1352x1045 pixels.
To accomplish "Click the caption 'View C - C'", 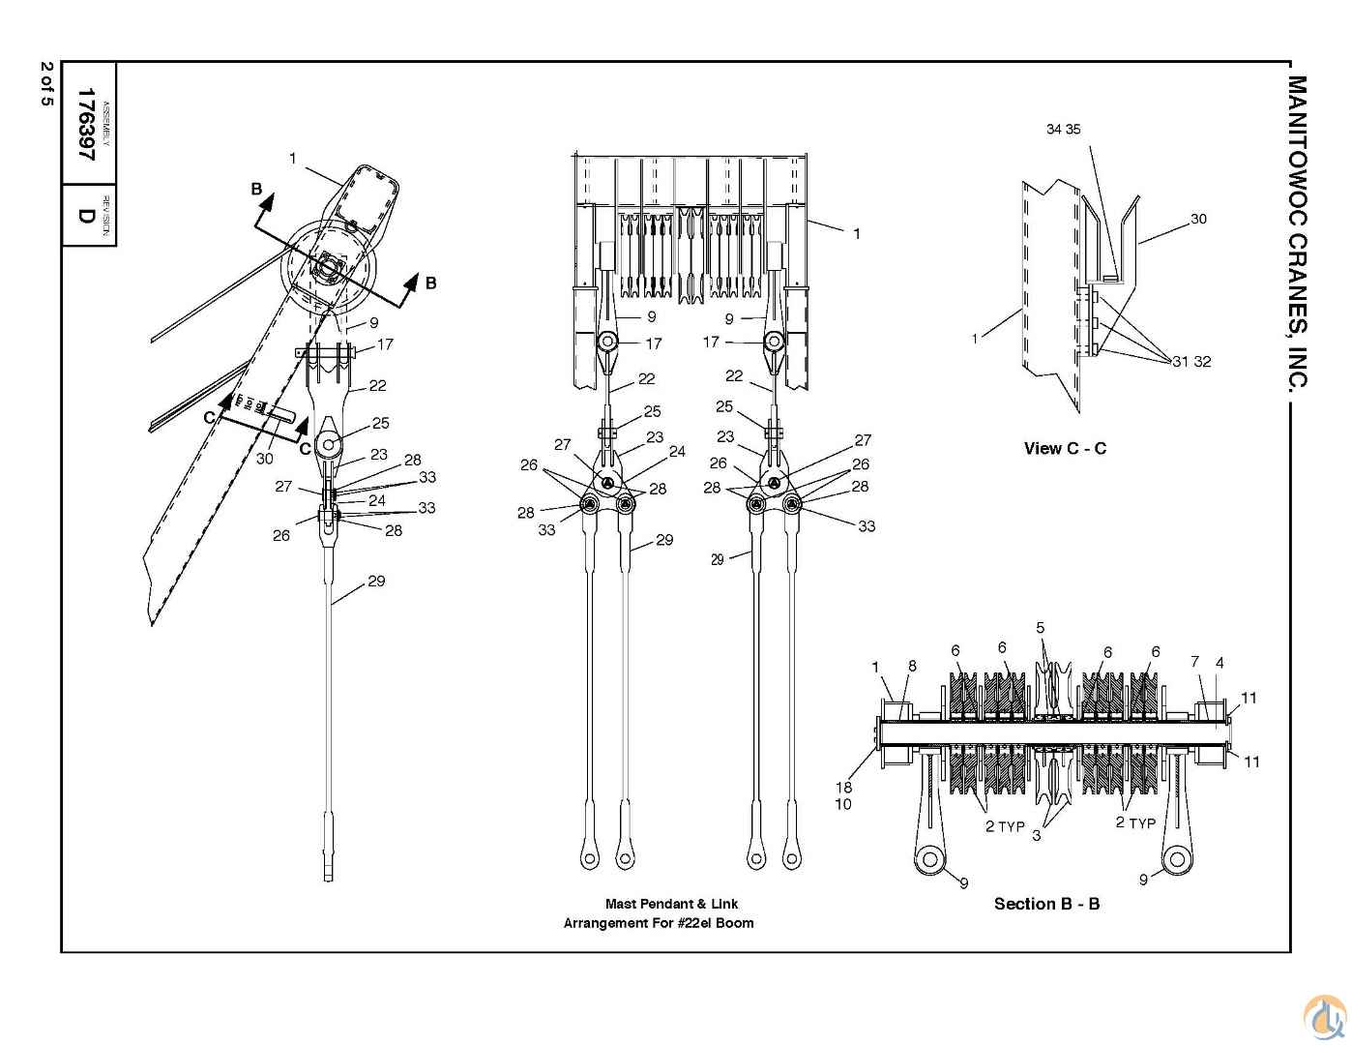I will tap(1065, 448).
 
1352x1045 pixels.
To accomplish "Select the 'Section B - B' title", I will tap(1046, 904).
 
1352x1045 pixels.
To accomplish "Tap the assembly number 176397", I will tap(87, 124).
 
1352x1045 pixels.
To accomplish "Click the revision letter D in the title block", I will tap(87, 215).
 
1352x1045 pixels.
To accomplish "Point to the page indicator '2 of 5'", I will tap(46, 85).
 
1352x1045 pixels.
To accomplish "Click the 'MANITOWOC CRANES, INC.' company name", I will tap(1299, 232).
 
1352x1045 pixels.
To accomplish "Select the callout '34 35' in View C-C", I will tap(1063, 129).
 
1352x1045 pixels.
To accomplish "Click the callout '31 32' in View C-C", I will tap(1191, 362).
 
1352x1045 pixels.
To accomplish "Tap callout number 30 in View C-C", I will tap(1198, 219).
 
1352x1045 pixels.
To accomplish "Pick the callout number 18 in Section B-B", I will tap(843, 787).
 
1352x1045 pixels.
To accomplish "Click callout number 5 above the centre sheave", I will tap(1041, 628).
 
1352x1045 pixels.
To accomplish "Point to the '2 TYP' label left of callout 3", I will tap(1005, 825).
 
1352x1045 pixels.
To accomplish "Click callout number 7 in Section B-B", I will tap(1195, 662).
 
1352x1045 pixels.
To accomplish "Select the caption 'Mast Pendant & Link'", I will tap(671, 904).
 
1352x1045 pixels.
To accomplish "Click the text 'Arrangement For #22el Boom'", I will tap(659, 923).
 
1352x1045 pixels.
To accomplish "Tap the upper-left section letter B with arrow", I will tap(257, 189).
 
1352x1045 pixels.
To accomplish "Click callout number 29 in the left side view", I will tap(376, 581).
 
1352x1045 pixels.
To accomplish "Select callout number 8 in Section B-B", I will tap(911, 666).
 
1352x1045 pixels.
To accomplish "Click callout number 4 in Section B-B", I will tap(1220, 663).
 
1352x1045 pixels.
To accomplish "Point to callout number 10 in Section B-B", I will tap(843, 804).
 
